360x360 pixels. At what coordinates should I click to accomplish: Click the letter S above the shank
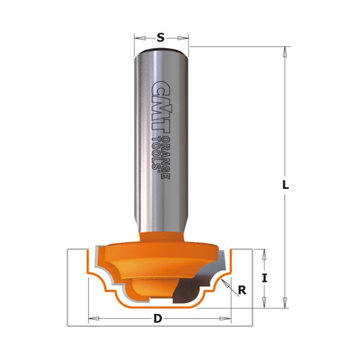[160, 38]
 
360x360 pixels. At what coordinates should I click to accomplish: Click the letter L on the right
[286, 185]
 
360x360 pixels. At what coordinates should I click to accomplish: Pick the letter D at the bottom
[158, 319]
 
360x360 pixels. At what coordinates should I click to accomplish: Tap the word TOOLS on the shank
[159, 155]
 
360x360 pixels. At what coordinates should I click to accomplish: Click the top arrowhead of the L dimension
[286, 51]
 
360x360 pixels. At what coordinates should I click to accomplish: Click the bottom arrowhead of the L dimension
[286, 304]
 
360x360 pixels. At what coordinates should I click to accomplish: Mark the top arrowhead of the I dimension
[263, 252]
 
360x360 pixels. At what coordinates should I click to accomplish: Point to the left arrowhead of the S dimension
[137, 38]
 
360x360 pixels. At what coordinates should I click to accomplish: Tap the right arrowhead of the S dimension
[185, 38]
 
